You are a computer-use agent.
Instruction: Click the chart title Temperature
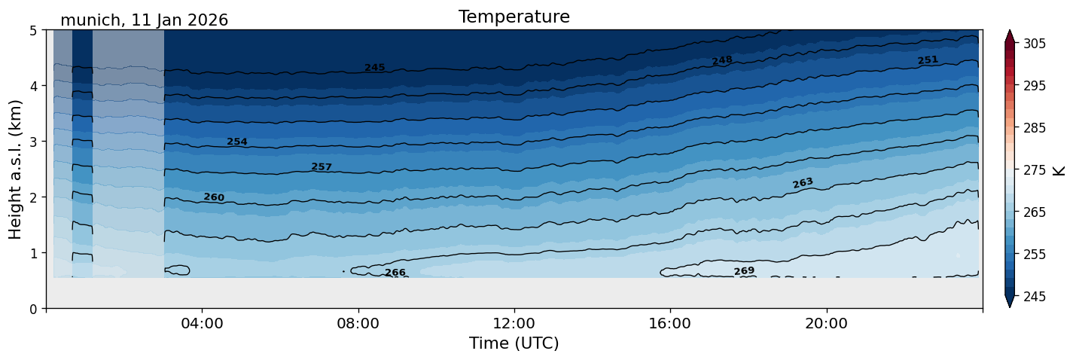(x=514, y=17)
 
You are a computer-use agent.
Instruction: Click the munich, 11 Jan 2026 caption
(x=144, y=20)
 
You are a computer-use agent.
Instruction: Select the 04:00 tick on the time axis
(x=203, y=324)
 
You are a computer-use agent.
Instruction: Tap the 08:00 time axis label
(x=358, y=324)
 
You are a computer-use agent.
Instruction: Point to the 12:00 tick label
(x=514, y=324)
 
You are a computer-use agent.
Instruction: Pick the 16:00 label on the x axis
(x=670, y=324)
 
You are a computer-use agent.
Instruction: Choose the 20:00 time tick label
(x=827, y=324)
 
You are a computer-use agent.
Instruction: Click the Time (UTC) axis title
(x=514, y=343)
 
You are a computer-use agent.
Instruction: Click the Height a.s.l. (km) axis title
(x=16, y=169)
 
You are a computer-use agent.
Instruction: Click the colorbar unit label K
(x=1059, y=170)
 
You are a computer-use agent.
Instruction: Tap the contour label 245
(x=374, y=68)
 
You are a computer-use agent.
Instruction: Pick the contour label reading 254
(x=237, y=142)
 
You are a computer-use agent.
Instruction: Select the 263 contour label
(x=803, y=183)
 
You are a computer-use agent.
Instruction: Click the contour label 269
(x=744, y=271)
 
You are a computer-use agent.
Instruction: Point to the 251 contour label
(x=928, y=60)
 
